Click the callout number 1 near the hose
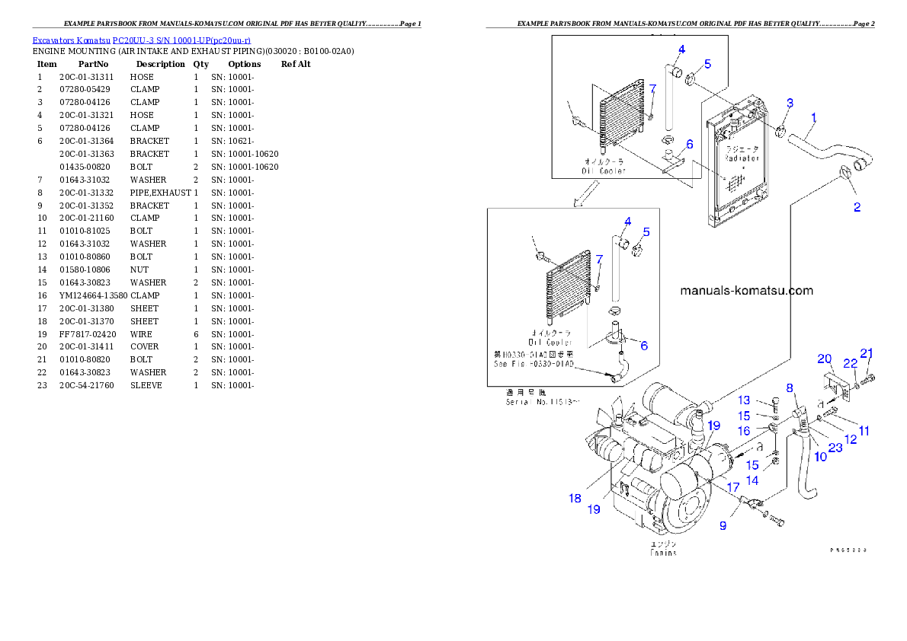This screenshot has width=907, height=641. click(x=814, y=118)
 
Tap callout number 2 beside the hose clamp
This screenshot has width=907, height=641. click(x=857, y=207)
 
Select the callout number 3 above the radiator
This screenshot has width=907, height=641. click(x=790, y=103)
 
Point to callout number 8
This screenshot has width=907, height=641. click(x=790, y=388)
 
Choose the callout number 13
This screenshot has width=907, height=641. click(x=744, y=400)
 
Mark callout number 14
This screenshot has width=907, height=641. click(x=752, y=480)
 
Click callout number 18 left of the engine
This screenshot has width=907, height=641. click(x=574, y=498)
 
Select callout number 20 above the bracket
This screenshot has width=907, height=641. click(x=824, y=359)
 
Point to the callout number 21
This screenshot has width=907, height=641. click(x=867, y=352)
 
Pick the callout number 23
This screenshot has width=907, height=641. click(x=835, y=448)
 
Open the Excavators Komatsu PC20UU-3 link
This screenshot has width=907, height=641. click(x=141, y=40)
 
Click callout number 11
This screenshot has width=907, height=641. click(x=864, y=431)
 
